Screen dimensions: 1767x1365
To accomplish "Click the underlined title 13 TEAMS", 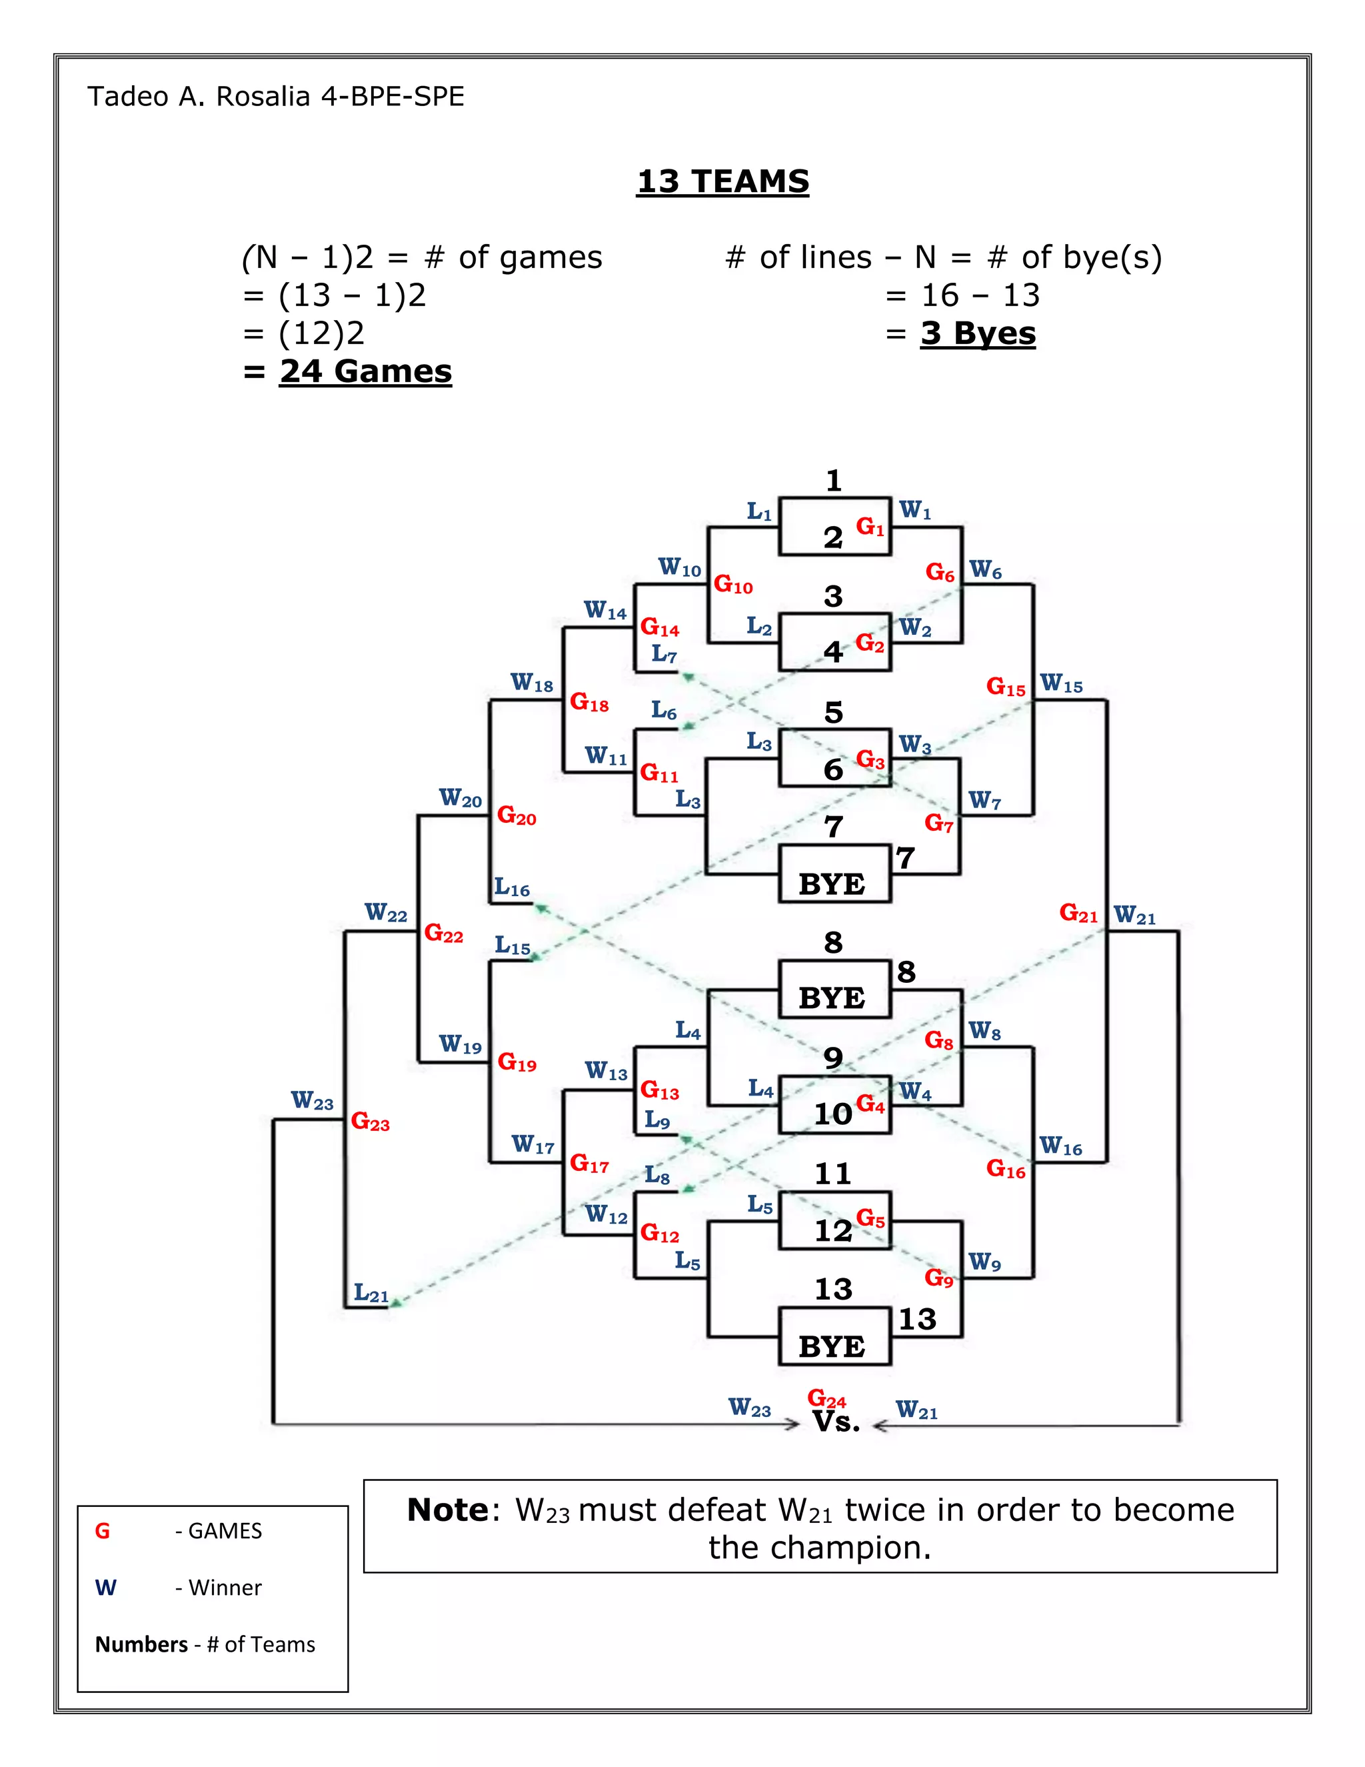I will click(x=722, y=181).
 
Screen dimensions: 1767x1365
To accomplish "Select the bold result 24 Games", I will click(x=365, y=371).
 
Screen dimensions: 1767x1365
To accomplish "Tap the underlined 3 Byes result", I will click(x=978, y=333).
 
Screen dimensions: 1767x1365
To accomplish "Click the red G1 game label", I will click(x=870, y=527).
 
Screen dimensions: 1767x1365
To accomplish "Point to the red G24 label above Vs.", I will click(x=826, y=1398).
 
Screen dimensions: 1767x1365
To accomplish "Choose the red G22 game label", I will click(x=443, y=934).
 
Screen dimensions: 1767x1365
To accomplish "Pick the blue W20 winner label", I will click(x=460, y=799).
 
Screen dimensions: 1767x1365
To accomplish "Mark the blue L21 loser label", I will click(x=371, y=1294).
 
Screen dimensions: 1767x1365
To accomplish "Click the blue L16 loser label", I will click(x=512, y=888).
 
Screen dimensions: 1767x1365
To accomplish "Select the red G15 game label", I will click(x=1005, y=687).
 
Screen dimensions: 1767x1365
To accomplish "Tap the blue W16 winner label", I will click(x=1060, y=1146).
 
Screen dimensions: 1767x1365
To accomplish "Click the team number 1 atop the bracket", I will click(x=834, y=481).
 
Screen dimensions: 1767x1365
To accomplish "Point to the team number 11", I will click(x=833, y=1174).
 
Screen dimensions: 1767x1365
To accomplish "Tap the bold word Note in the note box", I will click(x=447, y=1510).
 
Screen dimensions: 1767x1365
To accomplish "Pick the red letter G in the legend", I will click(x=103, y=1531).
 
